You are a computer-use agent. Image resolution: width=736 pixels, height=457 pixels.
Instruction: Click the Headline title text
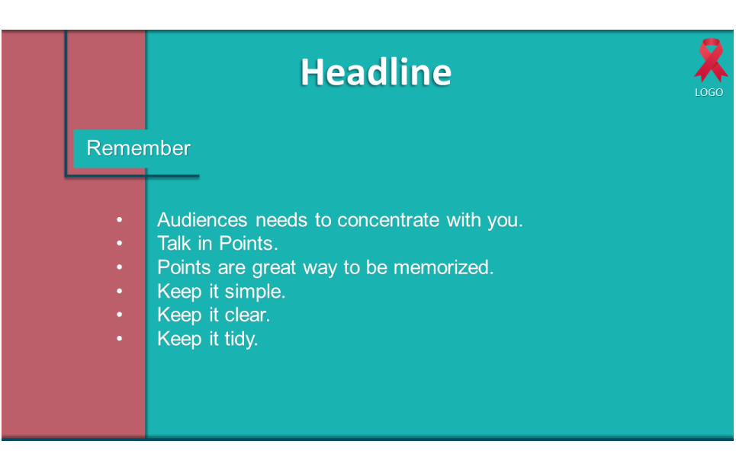(376, 72)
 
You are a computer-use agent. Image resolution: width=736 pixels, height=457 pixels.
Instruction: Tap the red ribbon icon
(711, 60)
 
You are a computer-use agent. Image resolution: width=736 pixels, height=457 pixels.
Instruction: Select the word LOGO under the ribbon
(709, 92)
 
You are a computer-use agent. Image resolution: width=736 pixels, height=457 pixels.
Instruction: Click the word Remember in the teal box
(139, 148)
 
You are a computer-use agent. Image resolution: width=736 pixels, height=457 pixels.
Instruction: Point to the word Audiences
(202, 220)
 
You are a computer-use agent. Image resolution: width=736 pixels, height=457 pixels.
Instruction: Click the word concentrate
(388, 220)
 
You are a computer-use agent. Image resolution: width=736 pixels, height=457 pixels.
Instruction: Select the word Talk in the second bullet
(174, 243)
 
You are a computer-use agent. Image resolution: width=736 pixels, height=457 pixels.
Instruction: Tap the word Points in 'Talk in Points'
(249, 243)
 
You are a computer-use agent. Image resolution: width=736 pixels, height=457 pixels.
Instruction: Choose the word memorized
(444, 267)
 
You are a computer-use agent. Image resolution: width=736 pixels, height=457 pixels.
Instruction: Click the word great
(274, 268)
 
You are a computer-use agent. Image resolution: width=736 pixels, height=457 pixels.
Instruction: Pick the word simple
(255, 292)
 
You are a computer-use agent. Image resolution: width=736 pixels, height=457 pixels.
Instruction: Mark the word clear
(247, 315)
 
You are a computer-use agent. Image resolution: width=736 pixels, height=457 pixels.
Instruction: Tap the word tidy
(241, 339)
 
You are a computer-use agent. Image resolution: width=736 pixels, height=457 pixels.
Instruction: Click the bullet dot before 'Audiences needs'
(120, 219)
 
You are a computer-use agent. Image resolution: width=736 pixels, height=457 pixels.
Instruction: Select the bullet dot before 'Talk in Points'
(120, 243)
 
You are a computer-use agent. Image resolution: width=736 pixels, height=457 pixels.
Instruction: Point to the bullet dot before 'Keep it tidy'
(120, 338)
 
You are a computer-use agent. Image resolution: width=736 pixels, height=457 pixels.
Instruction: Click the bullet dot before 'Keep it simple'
(120, 291)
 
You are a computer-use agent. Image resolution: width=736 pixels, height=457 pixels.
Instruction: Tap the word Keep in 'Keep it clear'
(179, 315)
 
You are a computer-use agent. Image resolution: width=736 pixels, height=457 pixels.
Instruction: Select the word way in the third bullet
(320, 268)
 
